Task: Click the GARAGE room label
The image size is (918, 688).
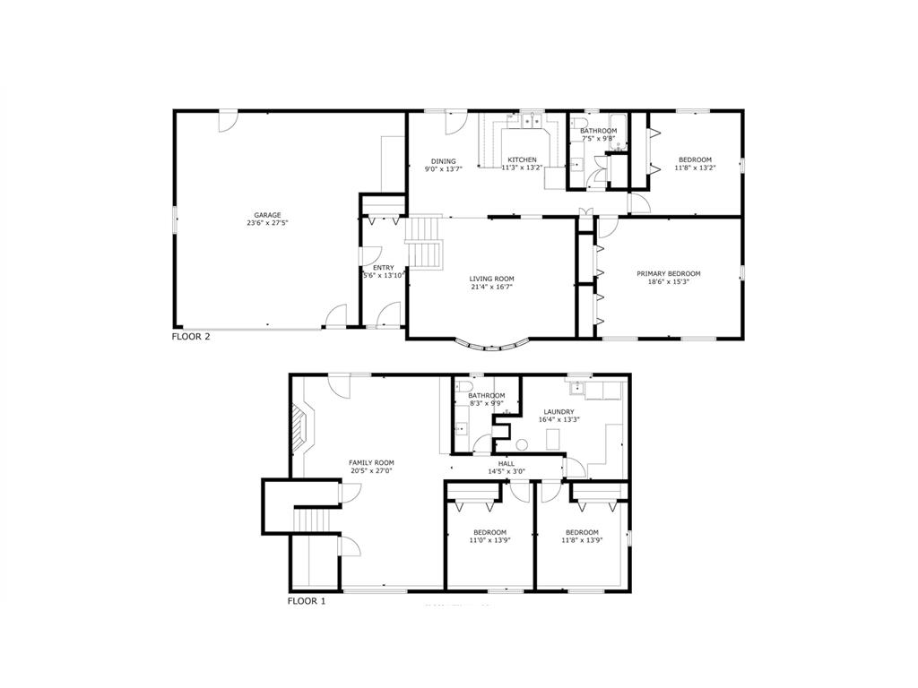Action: tap(267, 215)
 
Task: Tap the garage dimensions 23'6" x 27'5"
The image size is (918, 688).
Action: tap(267, 223)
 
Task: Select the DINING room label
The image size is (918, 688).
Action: tap(443, 161)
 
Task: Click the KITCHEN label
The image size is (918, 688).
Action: tap(522, 159)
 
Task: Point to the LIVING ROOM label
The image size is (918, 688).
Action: tap(491, 279)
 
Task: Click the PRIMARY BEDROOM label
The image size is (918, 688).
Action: tap(668, 273)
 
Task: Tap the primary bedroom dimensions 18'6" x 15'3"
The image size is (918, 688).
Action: tap(668, 281)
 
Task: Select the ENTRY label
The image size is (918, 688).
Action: tap(383, 268)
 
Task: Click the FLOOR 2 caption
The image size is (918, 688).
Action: tap(191, 338)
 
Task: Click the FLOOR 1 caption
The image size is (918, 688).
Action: tap(307, 601)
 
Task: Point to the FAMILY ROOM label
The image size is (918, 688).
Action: tap(371, 462)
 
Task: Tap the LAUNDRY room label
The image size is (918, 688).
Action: tap(558, 412)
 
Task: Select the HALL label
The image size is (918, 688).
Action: tap(507, 463)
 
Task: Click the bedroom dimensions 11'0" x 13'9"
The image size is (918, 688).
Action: tap(489, 540)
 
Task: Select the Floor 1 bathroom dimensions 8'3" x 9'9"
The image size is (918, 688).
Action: tap(486, 404)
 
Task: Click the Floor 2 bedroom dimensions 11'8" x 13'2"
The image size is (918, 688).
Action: tap(694, 168)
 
